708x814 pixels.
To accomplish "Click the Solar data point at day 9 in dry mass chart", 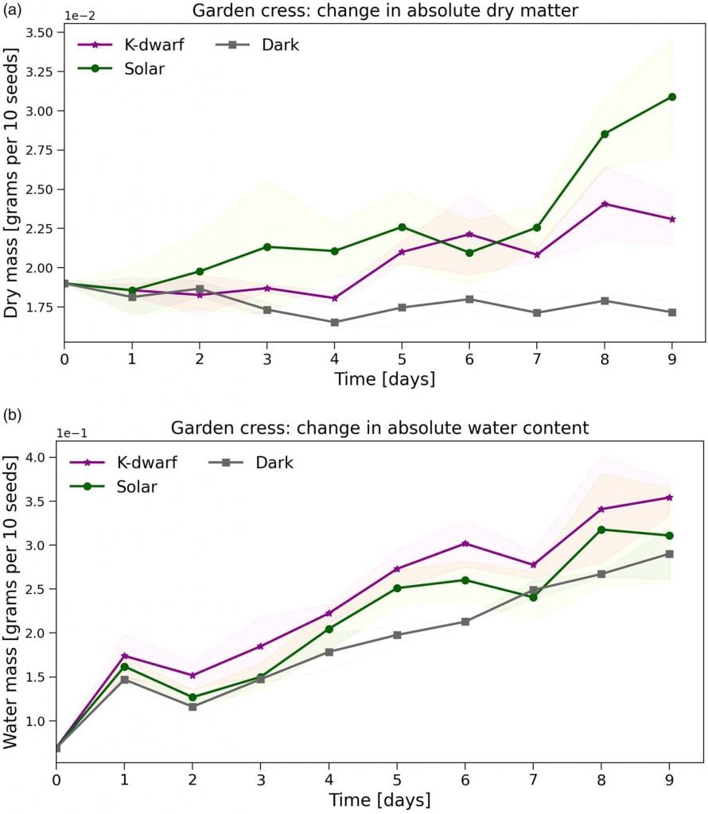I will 672,97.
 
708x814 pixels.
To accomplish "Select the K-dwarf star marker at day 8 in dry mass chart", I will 605,204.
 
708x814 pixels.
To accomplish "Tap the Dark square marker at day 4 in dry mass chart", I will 335,322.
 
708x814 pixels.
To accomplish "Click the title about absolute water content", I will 379,428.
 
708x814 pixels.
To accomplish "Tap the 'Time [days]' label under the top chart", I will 385,379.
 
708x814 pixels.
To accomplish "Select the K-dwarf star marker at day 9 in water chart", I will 670,498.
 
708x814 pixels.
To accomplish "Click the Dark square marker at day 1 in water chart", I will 123,680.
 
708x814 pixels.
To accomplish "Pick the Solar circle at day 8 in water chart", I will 602,529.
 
